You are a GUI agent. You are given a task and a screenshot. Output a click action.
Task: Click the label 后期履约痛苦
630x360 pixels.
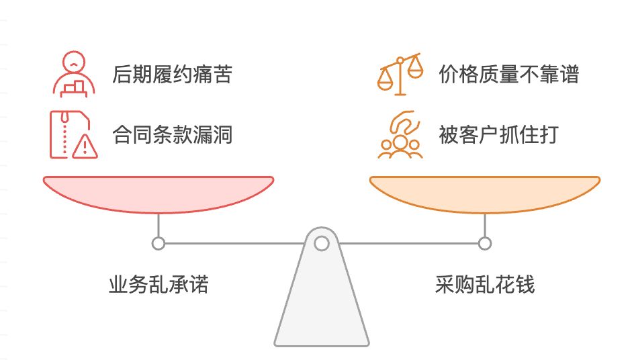tap(172, 74)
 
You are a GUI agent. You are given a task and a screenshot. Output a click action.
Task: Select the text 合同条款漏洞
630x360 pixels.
tap(172, 135)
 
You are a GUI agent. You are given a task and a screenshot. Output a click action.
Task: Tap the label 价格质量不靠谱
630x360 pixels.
tap(508, 74)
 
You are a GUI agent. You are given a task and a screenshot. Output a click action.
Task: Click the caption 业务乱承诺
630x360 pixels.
tap(159, 285)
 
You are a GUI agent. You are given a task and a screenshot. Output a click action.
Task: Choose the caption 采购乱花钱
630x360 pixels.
tap(485, 285)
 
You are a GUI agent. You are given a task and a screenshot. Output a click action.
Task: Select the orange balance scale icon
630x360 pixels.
tap(400, 74)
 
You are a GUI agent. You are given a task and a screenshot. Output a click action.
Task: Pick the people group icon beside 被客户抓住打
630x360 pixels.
tap(400, 136)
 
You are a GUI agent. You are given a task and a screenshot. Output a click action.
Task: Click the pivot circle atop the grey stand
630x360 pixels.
tap(322, 243)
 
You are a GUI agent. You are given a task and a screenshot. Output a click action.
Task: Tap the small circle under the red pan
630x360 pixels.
tap(159, 243)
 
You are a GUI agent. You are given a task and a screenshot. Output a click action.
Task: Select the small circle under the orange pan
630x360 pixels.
tap(484, 243)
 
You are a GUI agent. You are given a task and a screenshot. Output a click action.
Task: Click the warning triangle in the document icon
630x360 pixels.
tap(85, 146)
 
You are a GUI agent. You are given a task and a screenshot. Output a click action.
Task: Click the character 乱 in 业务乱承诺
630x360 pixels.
tap(159, 285)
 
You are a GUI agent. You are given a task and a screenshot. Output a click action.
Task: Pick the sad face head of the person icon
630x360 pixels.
tap(71, 62)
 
